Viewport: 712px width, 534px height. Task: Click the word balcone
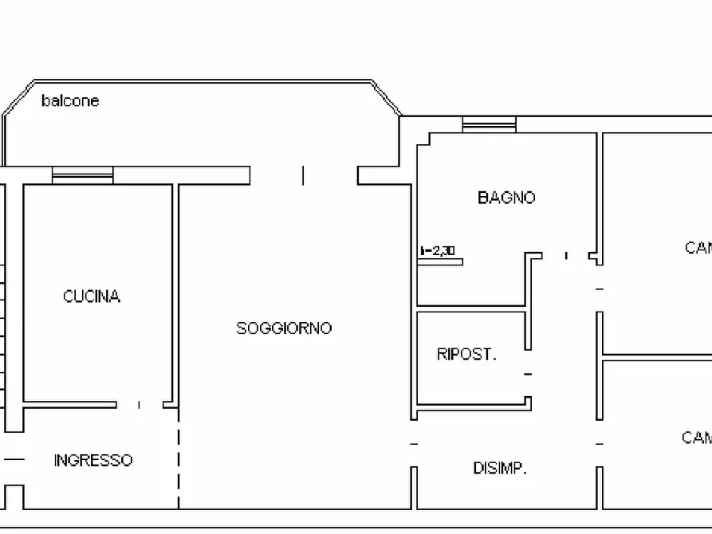[70, 101]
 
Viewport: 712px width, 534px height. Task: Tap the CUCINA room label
[92, 296]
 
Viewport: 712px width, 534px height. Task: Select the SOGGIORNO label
[284, 328]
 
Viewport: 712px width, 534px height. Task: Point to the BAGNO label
[506, 198]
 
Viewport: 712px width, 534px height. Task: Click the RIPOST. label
[466, 355]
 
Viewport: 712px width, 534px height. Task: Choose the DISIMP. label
[500, 469]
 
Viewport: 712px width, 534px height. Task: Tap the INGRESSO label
[93, 461]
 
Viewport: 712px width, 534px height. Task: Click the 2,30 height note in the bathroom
[438, 251]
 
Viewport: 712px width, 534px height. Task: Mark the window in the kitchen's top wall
[83, 175]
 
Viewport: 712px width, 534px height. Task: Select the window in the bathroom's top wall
[489, 124]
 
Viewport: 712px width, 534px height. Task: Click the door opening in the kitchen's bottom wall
[140, 405]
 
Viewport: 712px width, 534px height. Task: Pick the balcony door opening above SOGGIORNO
[303, 175]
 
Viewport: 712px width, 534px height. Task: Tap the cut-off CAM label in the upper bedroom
[698, 248]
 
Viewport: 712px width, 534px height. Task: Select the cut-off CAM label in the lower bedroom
[696, 438]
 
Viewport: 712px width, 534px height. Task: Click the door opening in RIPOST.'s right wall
[527, 374]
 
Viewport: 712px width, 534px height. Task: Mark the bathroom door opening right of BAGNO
[566, 256]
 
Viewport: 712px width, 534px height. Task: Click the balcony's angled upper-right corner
[387, 97]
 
